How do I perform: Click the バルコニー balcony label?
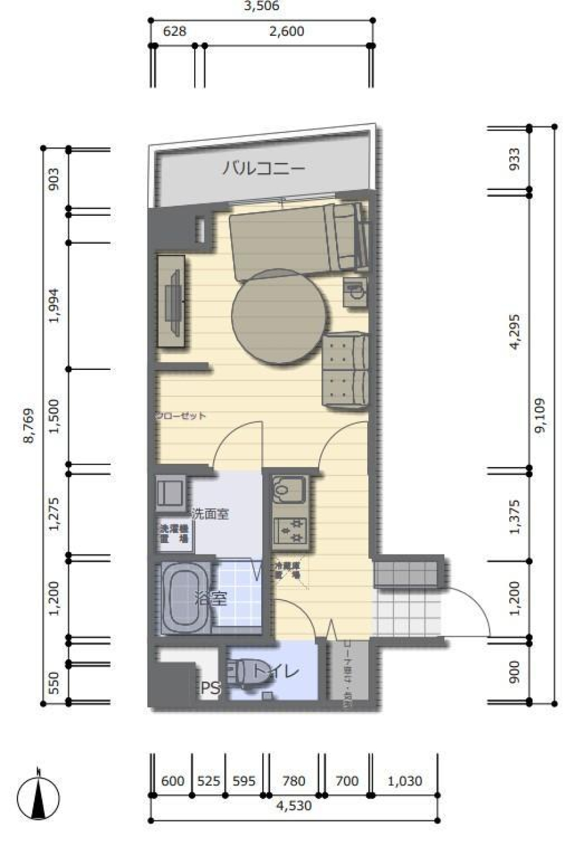264,168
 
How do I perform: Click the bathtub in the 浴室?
184,598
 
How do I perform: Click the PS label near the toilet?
210,689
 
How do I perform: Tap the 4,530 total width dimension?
293,806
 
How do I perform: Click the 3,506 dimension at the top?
261,7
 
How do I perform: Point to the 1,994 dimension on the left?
55,306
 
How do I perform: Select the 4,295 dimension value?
514,331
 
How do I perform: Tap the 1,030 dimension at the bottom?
405,781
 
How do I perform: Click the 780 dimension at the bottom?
293,781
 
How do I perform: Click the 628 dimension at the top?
174,31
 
